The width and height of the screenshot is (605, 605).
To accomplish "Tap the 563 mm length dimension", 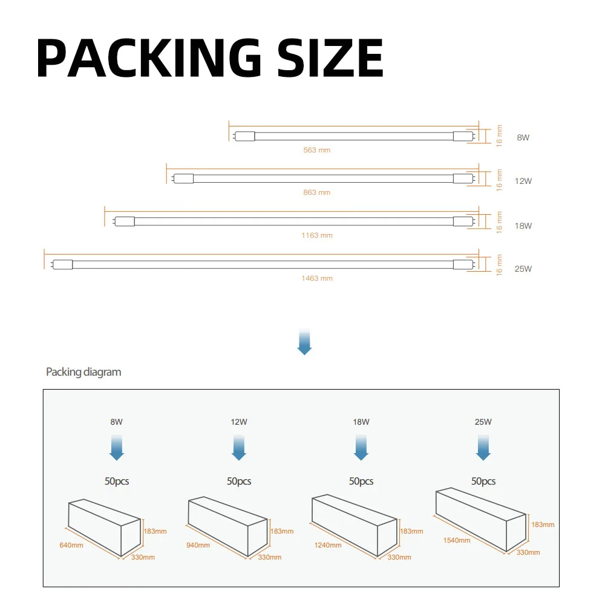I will pos(317,149).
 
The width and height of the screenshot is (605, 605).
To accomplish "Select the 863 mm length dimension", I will pos(317,192).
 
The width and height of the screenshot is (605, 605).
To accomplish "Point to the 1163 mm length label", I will pos(317,235).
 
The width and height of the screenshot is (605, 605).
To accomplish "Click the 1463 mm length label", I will pos(317,278).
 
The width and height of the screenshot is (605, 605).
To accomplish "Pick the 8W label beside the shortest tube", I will pos(523,138).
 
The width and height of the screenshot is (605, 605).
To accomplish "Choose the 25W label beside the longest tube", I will pos(523,269).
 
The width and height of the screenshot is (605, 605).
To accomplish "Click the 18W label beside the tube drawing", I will pos(523,226).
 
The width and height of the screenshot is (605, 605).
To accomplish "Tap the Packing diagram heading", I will pos(83,371).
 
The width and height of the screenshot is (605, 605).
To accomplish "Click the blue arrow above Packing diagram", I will pos(305,342).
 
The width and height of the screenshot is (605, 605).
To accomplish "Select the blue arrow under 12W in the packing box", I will pos(239,448).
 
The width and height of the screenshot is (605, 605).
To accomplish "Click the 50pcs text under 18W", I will pos(361,482).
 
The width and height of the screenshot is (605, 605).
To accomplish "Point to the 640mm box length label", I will pos(71,545).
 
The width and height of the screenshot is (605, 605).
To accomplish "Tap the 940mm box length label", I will pos(198,545).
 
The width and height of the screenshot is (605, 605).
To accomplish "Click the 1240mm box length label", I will pos(327,545).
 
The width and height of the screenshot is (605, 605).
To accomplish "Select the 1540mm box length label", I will pos(456,540).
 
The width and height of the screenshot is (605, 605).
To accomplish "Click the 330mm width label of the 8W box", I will pos(143,557).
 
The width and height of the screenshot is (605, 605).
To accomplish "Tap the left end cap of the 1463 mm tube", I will pos(63,264).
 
